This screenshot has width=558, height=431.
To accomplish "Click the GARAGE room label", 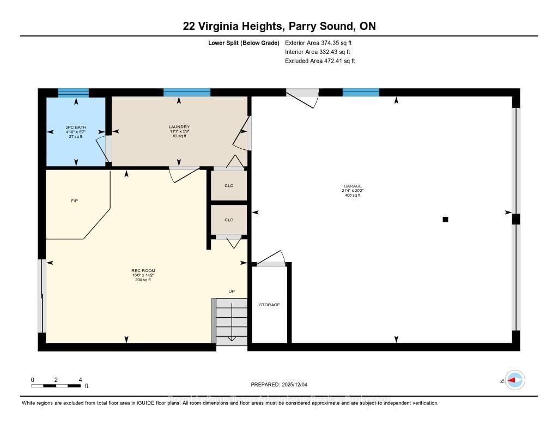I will [353, 186].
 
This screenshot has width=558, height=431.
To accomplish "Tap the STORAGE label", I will [269, 305].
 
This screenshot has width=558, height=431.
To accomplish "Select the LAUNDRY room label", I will [179, 127].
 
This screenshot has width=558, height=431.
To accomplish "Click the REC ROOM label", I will [143, 271].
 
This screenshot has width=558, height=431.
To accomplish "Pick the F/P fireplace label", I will [75, 201].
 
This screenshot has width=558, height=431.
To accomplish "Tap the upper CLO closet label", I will [229, 186].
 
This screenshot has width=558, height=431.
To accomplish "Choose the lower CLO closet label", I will [229, 220].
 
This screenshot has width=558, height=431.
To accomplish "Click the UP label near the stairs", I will [232, 292].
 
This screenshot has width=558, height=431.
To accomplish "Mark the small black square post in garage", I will [445, 220].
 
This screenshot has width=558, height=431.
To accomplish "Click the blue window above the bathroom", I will [73, 93].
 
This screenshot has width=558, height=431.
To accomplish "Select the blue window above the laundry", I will [187, 93].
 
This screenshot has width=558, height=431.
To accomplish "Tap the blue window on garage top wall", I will [361, 93].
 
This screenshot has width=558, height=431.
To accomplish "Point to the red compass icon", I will [515, 380].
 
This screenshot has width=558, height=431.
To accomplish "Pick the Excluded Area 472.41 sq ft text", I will [320, 61].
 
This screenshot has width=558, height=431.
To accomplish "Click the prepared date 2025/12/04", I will [279, 385].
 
